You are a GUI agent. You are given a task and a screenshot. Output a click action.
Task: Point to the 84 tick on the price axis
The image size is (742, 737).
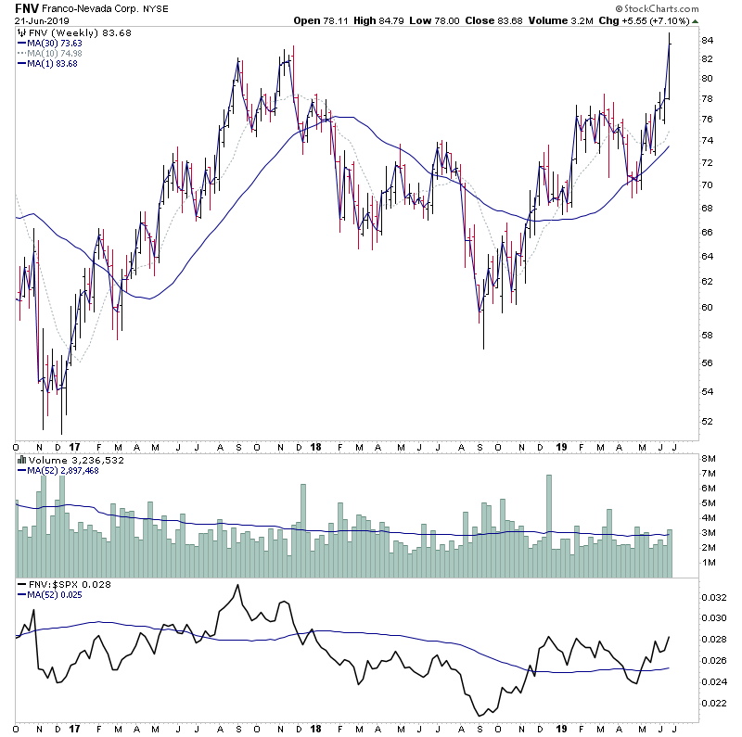[x=706, y=41]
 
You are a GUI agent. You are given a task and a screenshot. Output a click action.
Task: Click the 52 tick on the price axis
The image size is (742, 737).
[x=706, y=421]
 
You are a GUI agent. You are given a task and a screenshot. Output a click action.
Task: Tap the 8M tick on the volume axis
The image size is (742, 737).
[x=707, y=459]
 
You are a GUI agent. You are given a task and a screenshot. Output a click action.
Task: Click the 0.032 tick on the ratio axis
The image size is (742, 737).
[x=712, y=599]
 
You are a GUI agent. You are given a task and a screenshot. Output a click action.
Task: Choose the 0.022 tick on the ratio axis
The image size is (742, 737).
[x=712, y=703]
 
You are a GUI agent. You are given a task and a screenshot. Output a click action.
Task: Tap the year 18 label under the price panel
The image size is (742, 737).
[x=316, y=444]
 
